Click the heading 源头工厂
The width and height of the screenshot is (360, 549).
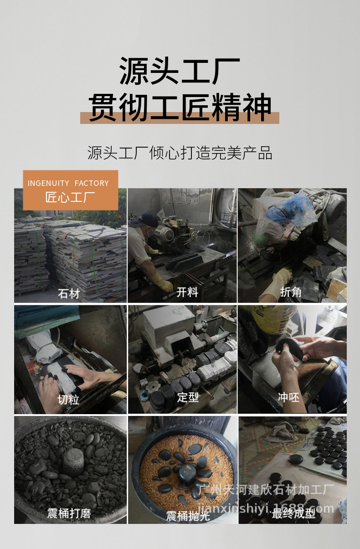point(180,71)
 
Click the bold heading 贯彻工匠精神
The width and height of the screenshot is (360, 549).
point(180,108)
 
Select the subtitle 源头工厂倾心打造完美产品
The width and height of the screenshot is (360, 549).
point(180,153)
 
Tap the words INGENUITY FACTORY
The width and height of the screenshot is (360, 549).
point(68,183)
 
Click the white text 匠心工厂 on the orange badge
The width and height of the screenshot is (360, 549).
point(70,197)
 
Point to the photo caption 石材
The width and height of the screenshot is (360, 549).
point(69,293)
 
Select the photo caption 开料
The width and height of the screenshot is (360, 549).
point(187,292)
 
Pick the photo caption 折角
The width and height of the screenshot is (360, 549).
point(291,292)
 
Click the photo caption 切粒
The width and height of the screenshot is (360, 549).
point(68,400)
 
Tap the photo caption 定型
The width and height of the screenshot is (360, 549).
point(188,397)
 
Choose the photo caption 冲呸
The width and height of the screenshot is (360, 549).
point(288,397)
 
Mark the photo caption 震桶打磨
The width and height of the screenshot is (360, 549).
point(69,513)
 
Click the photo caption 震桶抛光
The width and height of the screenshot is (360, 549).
point(188,516)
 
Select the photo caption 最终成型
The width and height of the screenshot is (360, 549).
point(293,513)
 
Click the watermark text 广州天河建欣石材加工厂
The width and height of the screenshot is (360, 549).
point(266,489)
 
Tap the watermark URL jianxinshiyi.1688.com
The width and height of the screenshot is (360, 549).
point(266,508)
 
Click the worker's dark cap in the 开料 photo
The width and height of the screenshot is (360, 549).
point(144,220)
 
